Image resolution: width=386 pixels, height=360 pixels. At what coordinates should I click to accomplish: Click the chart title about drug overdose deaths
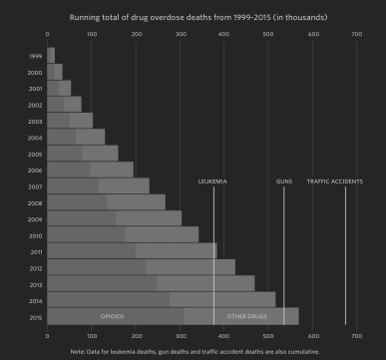point(193,17)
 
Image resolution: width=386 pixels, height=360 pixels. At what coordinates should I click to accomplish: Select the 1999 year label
point(35,55)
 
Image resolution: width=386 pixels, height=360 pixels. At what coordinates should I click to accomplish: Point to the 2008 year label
point(35,201)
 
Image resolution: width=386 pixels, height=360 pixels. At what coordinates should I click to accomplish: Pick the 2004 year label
point(35,137)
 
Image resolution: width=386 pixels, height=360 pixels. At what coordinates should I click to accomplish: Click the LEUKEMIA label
point(213,180)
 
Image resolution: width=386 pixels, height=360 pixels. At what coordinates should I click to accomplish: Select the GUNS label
point(284,180)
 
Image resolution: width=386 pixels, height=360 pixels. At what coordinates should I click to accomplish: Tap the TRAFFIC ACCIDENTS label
point(334,180)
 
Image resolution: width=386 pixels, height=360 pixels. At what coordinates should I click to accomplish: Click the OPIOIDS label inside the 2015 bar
point(112,316)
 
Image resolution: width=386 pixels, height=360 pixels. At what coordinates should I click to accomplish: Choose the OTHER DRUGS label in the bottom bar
point(245,316)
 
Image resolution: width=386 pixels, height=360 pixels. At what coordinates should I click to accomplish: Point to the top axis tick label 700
point(356,35)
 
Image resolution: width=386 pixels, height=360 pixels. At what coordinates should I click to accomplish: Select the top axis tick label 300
point(180,35)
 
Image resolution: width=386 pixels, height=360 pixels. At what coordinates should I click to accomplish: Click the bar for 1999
point(51,55)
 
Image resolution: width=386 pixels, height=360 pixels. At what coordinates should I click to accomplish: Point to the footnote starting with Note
point(193,352)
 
